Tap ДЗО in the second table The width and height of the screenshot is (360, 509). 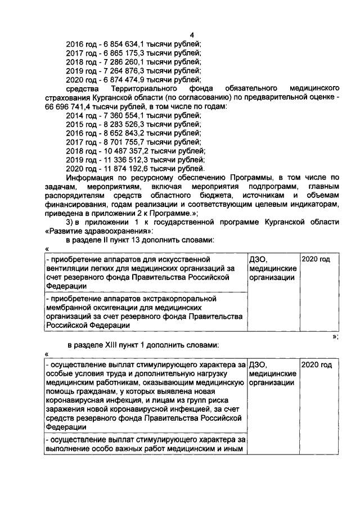(x=257, y=365)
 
